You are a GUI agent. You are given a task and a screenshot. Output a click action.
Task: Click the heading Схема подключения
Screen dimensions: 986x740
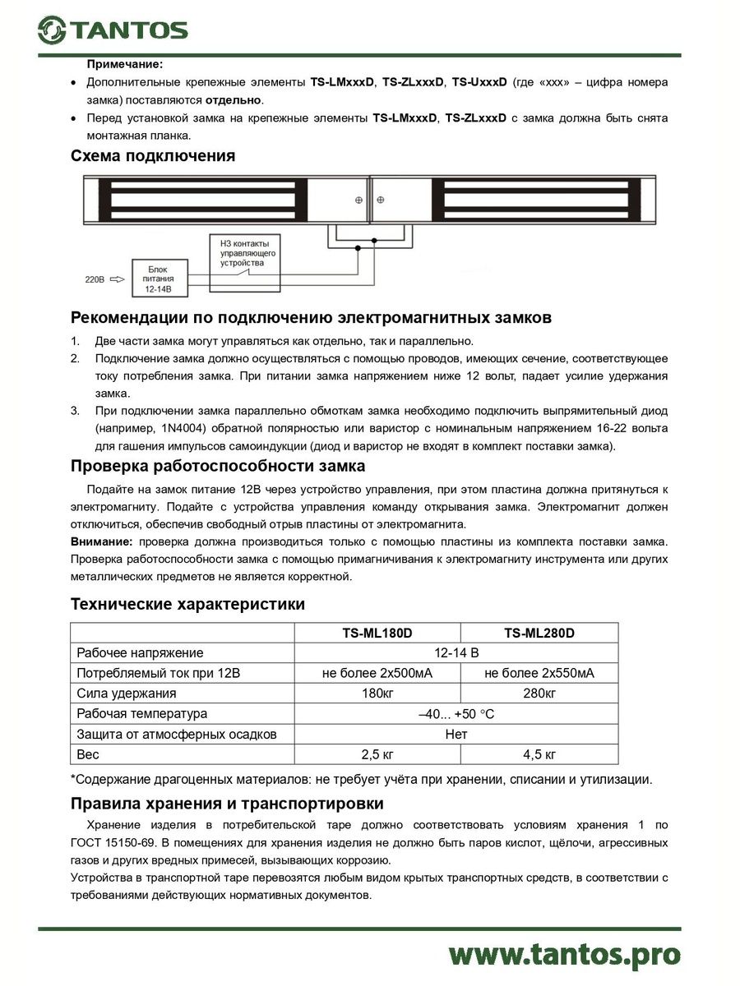(x=153, y=156)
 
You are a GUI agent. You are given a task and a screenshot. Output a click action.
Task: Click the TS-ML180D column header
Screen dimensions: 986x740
(x=377, y=633)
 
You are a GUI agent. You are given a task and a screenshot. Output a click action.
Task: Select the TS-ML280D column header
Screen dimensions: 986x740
(x=539, y=633)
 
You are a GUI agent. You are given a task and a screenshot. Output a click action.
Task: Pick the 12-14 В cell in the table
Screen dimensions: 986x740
(x=456, y=653)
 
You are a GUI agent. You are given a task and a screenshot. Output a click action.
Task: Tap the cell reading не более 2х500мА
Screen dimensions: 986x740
(x=377, y=674)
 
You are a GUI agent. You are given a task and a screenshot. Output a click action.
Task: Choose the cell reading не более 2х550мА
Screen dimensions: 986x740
(x=539, y=674)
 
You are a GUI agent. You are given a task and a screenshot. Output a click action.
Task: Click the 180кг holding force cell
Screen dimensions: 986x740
(x=377, y=693)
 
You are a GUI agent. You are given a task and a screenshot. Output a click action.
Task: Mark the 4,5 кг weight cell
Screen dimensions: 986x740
(x=539, y=754)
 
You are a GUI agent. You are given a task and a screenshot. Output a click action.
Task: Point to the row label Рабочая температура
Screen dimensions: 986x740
(x=142, y=714)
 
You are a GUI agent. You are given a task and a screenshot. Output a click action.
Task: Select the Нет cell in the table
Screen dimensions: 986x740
(x=456, y=734)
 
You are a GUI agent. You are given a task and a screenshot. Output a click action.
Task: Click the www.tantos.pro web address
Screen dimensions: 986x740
(x=565, y=955)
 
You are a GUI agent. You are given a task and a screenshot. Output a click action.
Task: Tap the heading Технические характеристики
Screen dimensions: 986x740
(x=188, y=605)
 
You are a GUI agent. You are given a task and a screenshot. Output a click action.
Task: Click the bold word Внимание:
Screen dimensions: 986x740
(x=101, y=542)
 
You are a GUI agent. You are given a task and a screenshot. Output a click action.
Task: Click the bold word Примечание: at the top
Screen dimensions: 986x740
(x=125, y=63)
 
